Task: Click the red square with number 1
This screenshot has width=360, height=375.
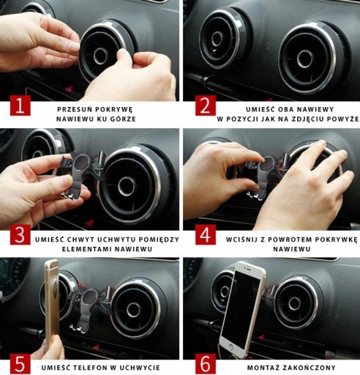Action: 20,105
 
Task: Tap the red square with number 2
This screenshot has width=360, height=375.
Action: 206,105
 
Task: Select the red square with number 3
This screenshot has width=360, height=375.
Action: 20,234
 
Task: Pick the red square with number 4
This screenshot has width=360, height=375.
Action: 206,234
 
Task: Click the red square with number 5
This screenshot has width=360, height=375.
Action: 20,364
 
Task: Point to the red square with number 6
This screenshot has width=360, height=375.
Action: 206,364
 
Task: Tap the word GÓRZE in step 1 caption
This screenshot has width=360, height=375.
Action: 123,119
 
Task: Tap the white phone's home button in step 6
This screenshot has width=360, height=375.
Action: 230,347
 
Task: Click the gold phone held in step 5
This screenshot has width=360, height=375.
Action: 52,306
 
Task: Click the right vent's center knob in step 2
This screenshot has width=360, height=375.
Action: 305,59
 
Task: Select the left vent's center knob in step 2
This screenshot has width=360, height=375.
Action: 217,39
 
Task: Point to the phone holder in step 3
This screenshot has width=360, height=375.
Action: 82,175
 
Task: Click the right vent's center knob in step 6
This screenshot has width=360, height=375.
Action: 295,304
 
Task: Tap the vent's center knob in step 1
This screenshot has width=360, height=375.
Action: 100,56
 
